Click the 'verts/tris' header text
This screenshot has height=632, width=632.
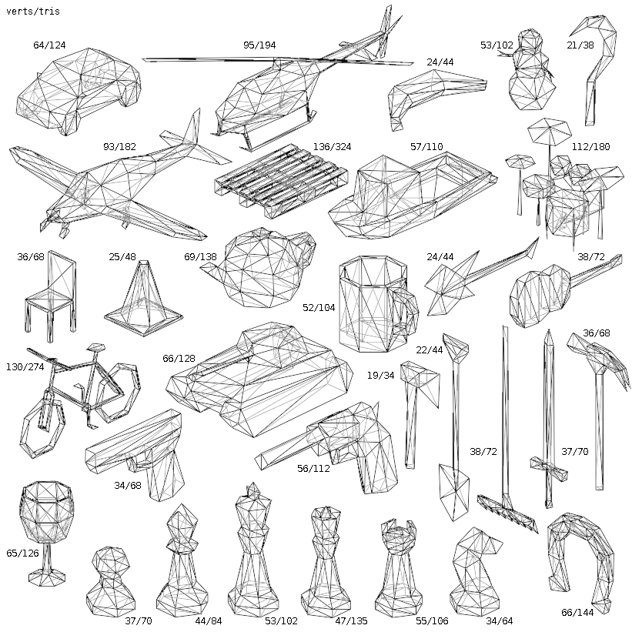pos(32,12)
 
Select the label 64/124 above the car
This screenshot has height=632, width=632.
pos(49,45)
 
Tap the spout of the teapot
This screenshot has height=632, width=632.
pos(212,269)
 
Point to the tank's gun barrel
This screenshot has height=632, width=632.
pos(212,355)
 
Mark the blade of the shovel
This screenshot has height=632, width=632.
pos(453,488)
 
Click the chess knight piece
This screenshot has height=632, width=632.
pos(471,570)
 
